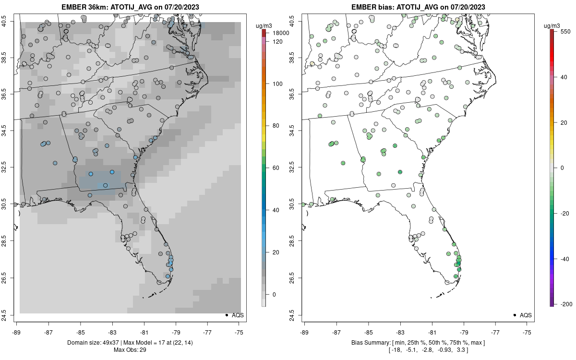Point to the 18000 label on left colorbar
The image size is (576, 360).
tap(281, 33)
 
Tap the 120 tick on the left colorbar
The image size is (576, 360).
tap(277, 42)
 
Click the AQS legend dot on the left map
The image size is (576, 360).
tap(226, 315)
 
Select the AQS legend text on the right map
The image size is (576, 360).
tap(526, 315)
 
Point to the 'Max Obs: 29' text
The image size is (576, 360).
tap(130, 350)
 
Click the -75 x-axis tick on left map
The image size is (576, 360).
tap(240, 332)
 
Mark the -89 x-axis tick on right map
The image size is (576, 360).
tap(305, 332)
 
